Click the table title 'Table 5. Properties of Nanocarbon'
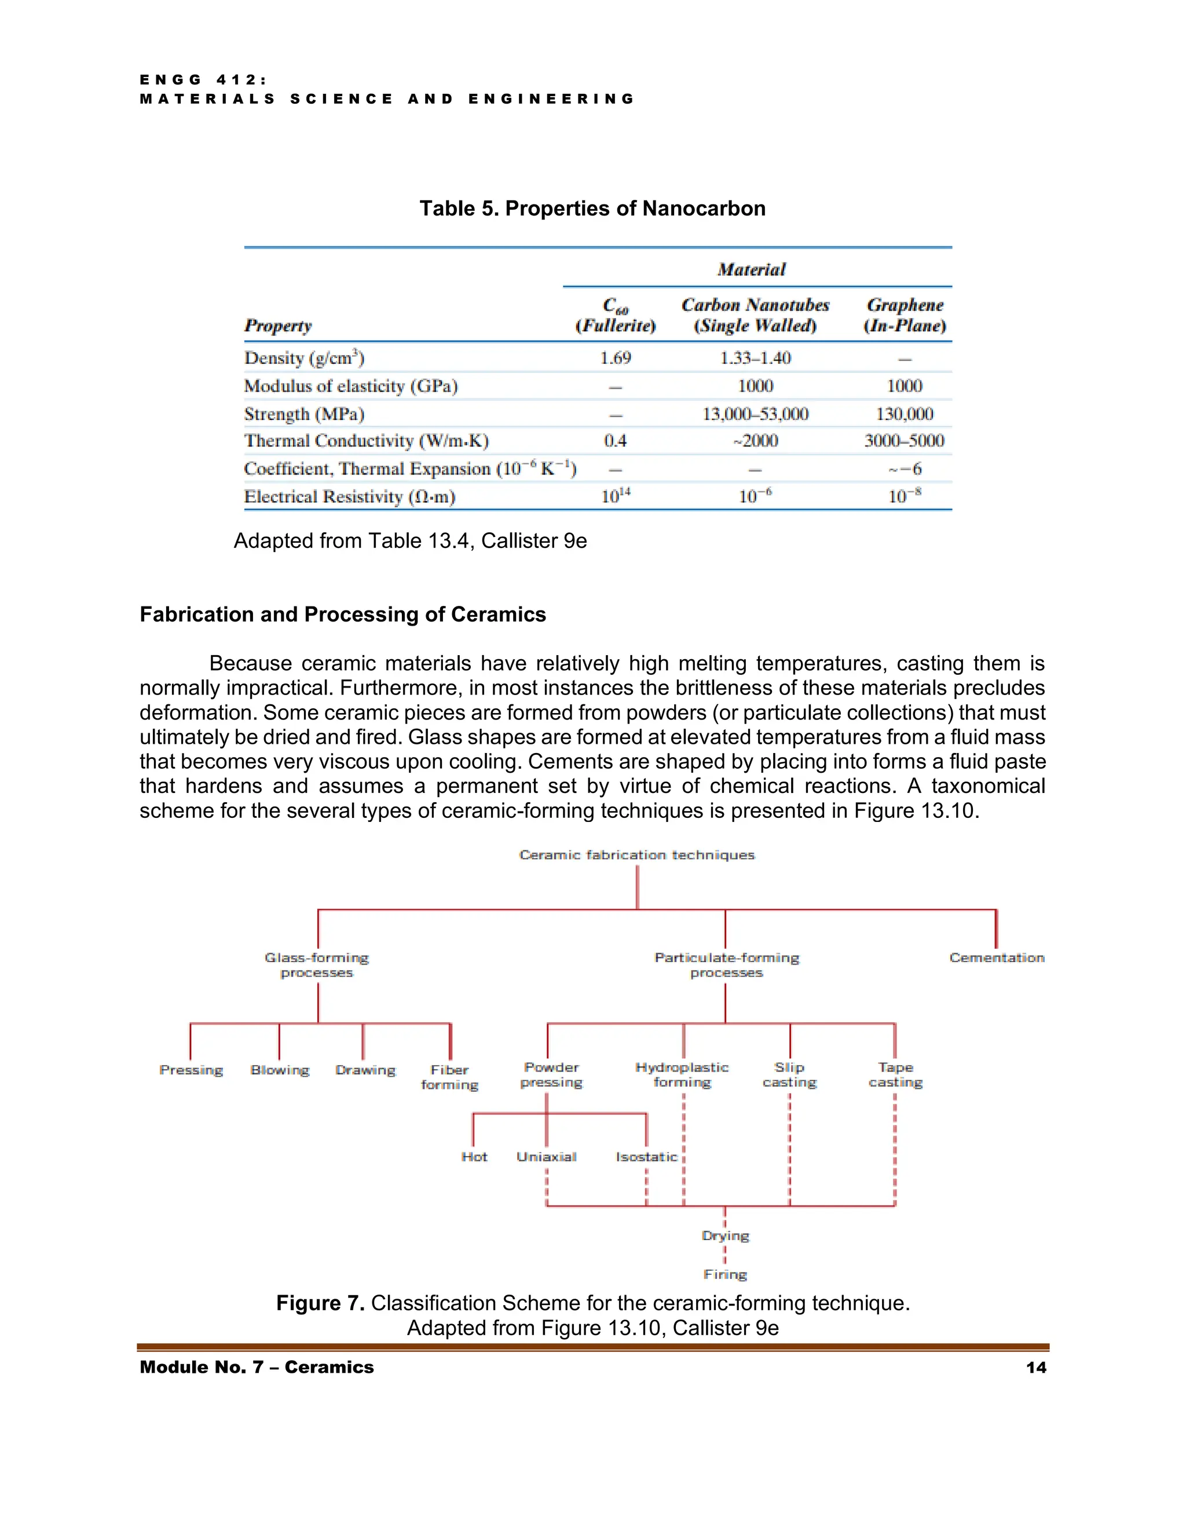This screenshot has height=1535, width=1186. coord(592,208)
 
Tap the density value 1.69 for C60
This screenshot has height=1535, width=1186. coord(615,358)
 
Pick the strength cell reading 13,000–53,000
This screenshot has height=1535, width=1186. coord(755,414)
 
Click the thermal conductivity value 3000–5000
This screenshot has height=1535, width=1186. coord(904,441)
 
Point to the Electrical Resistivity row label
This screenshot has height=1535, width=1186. coord(349,497)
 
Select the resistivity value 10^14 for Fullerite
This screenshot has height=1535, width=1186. coord(616,496)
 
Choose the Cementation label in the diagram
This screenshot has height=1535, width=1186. coord(996,957)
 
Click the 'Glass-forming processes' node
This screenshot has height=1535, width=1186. coord(316,965)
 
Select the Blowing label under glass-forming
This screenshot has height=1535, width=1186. coord(280,1070)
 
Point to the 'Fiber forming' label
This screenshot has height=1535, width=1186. coord(449,1077)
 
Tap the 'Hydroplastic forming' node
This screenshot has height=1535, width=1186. coord(682,1074)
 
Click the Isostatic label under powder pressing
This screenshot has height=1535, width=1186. coord(646,1157)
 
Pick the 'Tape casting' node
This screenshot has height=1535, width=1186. coord(895,1074)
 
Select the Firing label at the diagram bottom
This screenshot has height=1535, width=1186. coord(725,1274)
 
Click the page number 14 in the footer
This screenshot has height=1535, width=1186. coord(1035,1367)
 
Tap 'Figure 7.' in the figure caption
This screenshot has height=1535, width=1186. coord(320,1303)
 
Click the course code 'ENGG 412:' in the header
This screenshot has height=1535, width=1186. coord(203,80)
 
